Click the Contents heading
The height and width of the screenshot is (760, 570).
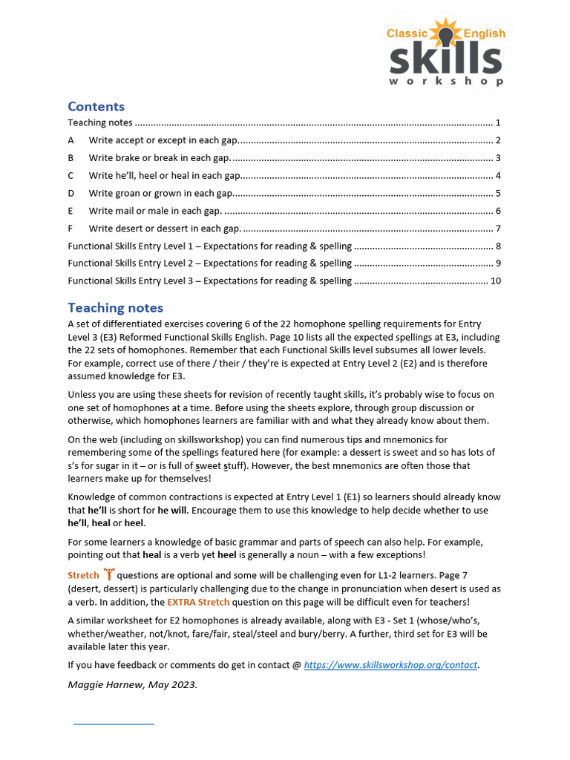[96, 106]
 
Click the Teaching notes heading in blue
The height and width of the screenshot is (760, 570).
[115, 307]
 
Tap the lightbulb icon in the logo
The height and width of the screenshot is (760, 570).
[445, 33]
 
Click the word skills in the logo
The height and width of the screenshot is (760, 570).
[446, 59]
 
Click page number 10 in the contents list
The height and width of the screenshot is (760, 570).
[496, 281]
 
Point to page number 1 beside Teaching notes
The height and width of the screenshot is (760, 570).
[499, 122]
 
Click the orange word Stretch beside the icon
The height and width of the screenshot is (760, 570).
[83, 575]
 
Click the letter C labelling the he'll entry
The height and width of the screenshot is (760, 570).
[71, 176]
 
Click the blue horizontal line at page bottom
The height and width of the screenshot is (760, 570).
[114, 722]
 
